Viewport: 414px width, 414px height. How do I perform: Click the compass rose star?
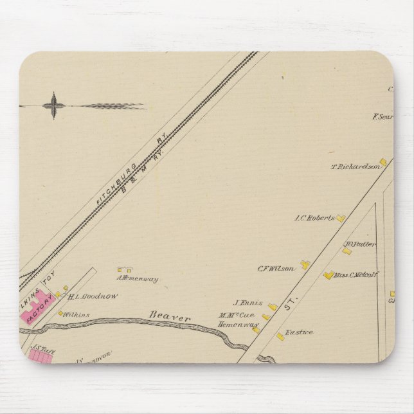[53, 105]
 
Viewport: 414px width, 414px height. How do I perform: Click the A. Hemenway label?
[137, 279]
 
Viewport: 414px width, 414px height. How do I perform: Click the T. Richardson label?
[355, 167]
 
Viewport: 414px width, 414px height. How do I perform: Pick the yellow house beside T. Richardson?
[383, 162]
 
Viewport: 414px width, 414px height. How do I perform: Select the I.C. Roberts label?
[314, 218]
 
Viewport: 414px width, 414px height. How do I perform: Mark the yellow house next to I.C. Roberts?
[341, 219]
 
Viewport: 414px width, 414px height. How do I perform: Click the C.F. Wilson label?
[276, 268]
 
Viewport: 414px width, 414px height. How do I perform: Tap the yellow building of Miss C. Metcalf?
[328, 275]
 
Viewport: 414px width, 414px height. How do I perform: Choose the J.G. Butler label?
[359, 244]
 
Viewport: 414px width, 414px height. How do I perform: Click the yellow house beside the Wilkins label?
[61, 314]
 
